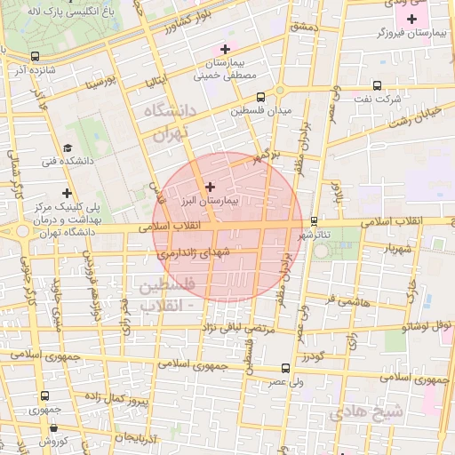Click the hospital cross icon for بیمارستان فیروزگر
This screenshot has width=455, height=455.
coord(411,19)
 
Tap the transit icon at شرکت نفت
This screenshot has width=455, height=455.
coord(377,86)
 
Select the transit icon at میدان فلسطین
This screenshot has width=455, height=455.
coord(260,98)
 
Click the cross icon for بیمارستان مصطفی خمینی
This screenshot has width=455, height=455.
coord(225,49)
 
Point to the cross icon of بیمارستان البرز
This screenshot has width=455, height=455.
coord(210,187)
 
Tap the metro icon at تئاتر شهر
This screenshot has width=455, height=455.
coord(314,221)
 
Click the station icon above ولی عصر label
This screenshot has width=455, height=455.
coord(285,367)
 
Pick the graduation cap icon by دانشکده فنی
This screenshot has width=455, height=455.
coord(68,148)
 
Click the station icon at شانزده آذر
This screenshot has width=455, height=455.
coord(35,56)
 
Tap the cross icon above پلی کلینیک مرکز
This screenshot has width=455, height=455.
coord(67,192)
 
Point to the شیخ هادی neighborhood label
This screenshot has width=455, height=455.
coord(366,411)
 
